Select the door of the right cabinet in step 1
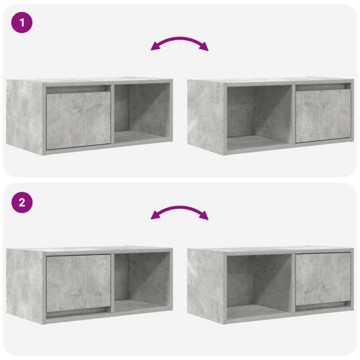coord(323,116)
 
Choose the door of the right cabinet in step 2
coord(323,278)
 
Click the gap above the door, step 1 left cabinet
coord(78,88)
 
